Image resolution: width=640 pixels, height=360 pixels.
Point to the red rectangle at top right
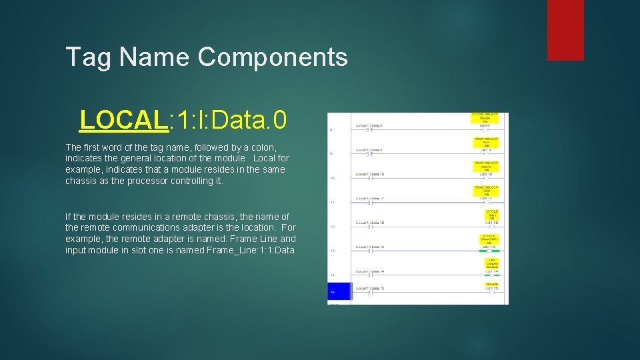coord(565,30)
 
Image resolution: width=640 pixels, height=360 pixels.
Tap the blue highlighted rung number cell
coord(339,291)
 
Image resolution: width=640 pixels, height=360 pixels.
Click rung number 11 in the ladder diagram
coord(332,202)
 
